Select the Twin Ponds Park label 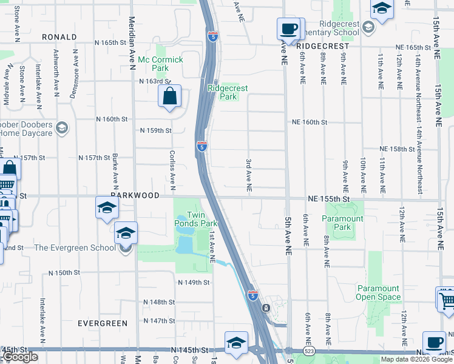202,219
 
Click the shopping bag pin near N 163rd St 169,96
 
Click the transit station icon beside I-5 266,308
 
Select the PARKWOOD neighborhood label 135,196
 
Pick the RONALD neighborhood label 59,37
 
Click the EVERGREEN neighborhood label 103,323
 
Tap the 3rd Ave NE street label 248,176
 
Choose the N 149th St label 194,283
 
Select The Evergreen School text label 75,248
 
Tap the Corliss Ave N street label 172,167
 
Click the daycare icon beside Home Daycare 61,127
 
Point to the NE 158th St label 401,149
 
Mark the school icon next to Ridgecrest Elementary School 368,27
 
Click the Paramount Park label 343,223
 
